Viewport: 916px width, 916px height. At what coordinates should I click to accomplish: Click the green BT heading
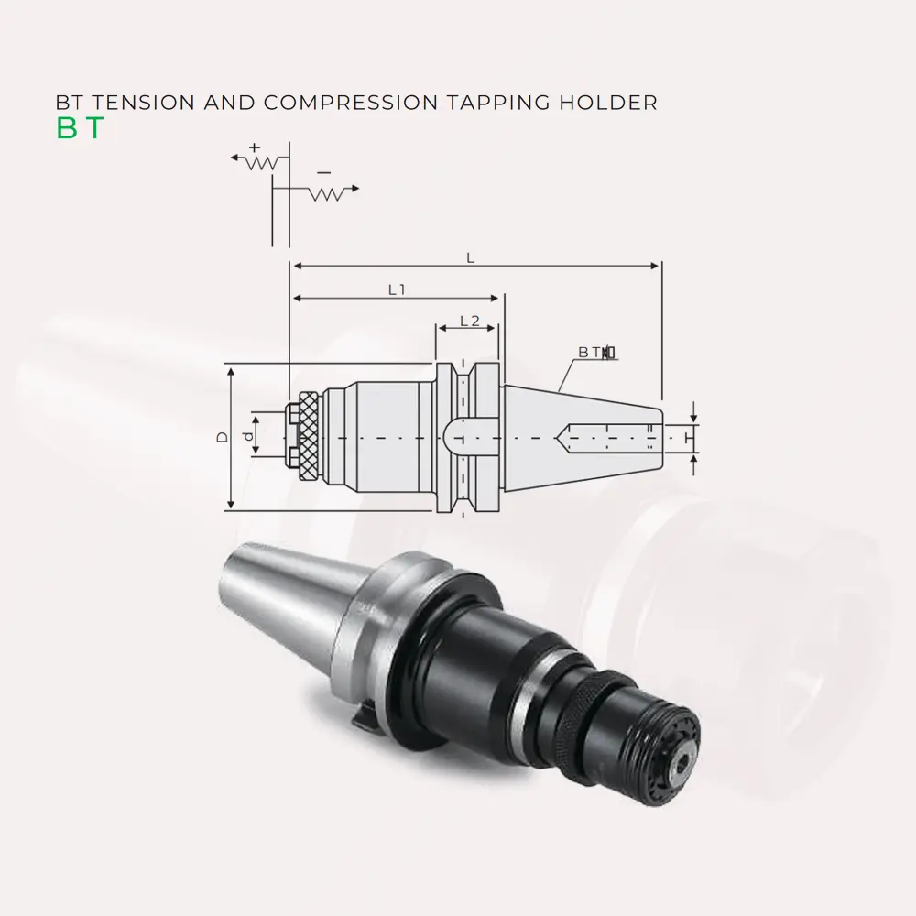click(x=80, y=129)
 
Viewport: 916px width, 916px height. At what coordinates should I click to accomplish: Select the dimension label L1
click(x=396, y=289)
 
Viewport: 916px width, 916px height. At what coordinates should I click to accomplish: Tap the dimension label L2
click(x=469, y=321)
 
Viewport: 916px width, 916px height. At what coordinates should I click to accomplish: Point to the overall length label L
click(x=470, y=258)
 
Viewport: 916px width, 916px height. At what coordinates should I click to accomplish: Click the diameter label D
click(x=222, y=437)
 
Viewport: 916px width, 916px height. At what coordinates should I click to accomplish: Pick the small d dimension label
click(x=247, y=437)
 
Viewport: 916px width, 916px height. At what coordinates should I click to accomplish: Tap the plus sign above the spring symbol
click(x=255, y=147)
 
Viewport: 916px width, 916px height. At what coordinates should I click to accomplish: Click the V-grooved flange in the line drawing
click(x=467, y=437)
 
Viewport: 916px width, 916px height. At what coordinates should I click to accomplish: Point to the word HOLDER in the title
click(x=614, y=102)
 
